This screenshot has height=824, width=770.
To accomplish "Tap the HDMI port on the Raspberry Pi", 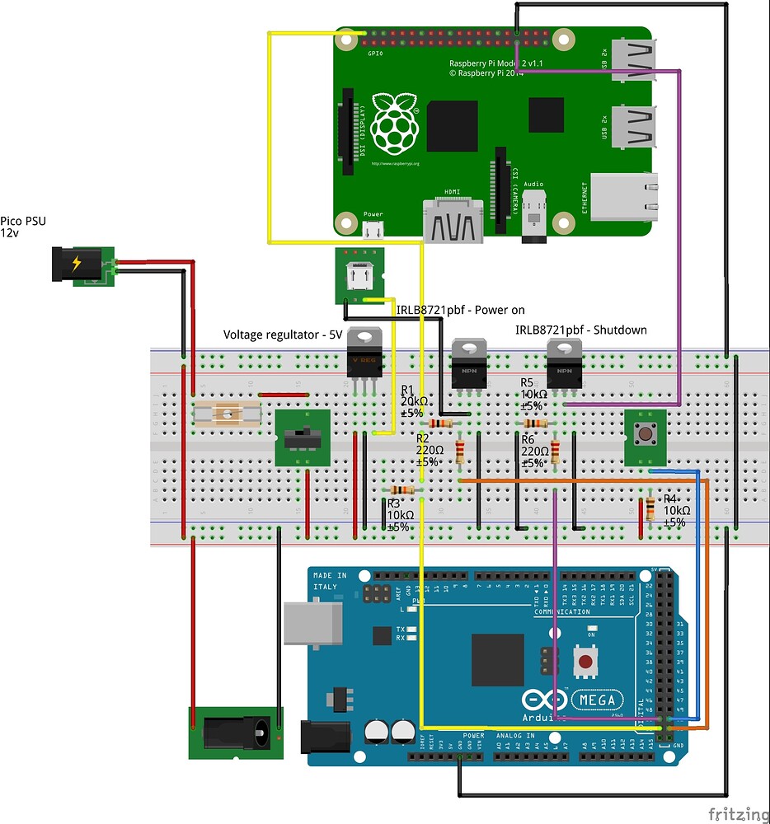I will coord(453,222).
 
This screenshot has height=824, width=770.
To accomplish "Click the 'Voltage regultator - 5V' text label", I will coord(283,335).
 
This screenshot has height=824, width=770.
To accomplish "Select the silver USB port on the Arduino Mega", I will coord(312,621).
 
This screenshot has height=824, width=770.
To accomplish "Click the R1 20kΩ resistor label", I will coord(412,400).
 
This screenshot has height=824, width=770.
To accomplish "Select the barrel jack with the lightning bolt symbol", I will coord(79,265).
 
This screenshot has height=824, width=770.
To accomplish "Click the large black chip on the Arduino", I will coord(498,660).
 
